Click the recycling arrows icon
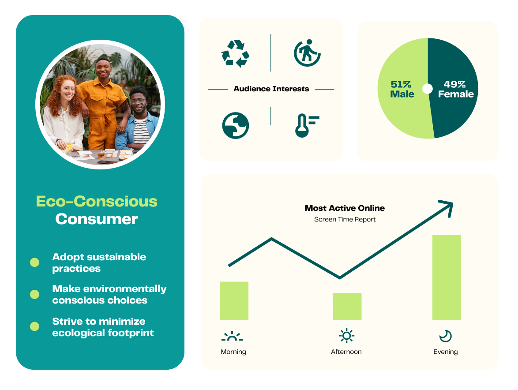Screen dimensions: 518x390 coord(235,53)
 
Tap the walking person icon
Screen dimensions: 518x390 coord(307,53)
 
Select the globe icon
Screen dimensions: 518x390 coord(235,125)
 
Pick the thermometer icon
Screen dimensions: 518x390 coord(307,125)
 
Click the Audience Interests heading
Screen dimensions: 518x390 coord(271,89)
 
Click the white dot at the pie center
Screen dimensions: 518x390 coord(428,89)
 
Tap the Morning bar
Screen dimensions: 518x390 coord(234,300)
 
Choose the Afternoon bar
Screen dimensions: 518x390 coord(347,307)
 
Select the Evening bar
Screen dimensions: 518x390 coord(447,277)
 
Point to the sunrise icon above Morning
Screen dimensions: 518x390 coord(232,336)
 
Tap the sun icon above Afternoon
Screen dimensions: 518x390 coord(346,336)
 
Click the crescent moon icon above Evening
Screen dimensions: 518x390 coord(445,336)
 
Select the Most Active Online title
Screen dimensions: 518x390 coord(345,208)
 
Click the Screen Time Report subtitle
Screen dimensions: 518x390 coord(345,219)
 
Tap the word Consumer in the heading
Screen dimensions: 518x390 coord(97,219)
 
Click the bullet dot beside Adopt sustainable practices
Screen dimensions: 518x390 coord(34,262)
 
